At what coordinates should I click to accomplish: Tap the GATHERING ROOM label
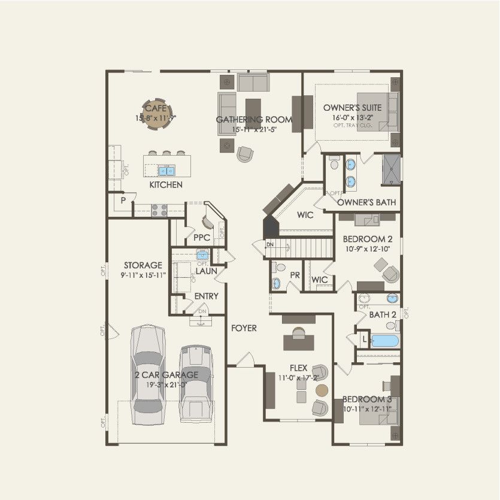click(254, 120)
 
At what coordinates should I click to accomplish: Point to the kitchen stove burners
click(159, 210)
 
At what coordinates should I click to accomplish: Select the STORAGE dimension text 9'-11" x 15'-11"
click(143, 275)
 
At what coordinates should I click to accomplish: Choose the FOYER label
click(244, 328)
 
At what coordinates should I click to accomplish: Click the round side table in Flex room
click(322, 390)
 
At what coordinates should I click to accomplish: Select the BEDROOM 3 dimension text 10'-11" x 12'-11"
click(366, 409)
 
